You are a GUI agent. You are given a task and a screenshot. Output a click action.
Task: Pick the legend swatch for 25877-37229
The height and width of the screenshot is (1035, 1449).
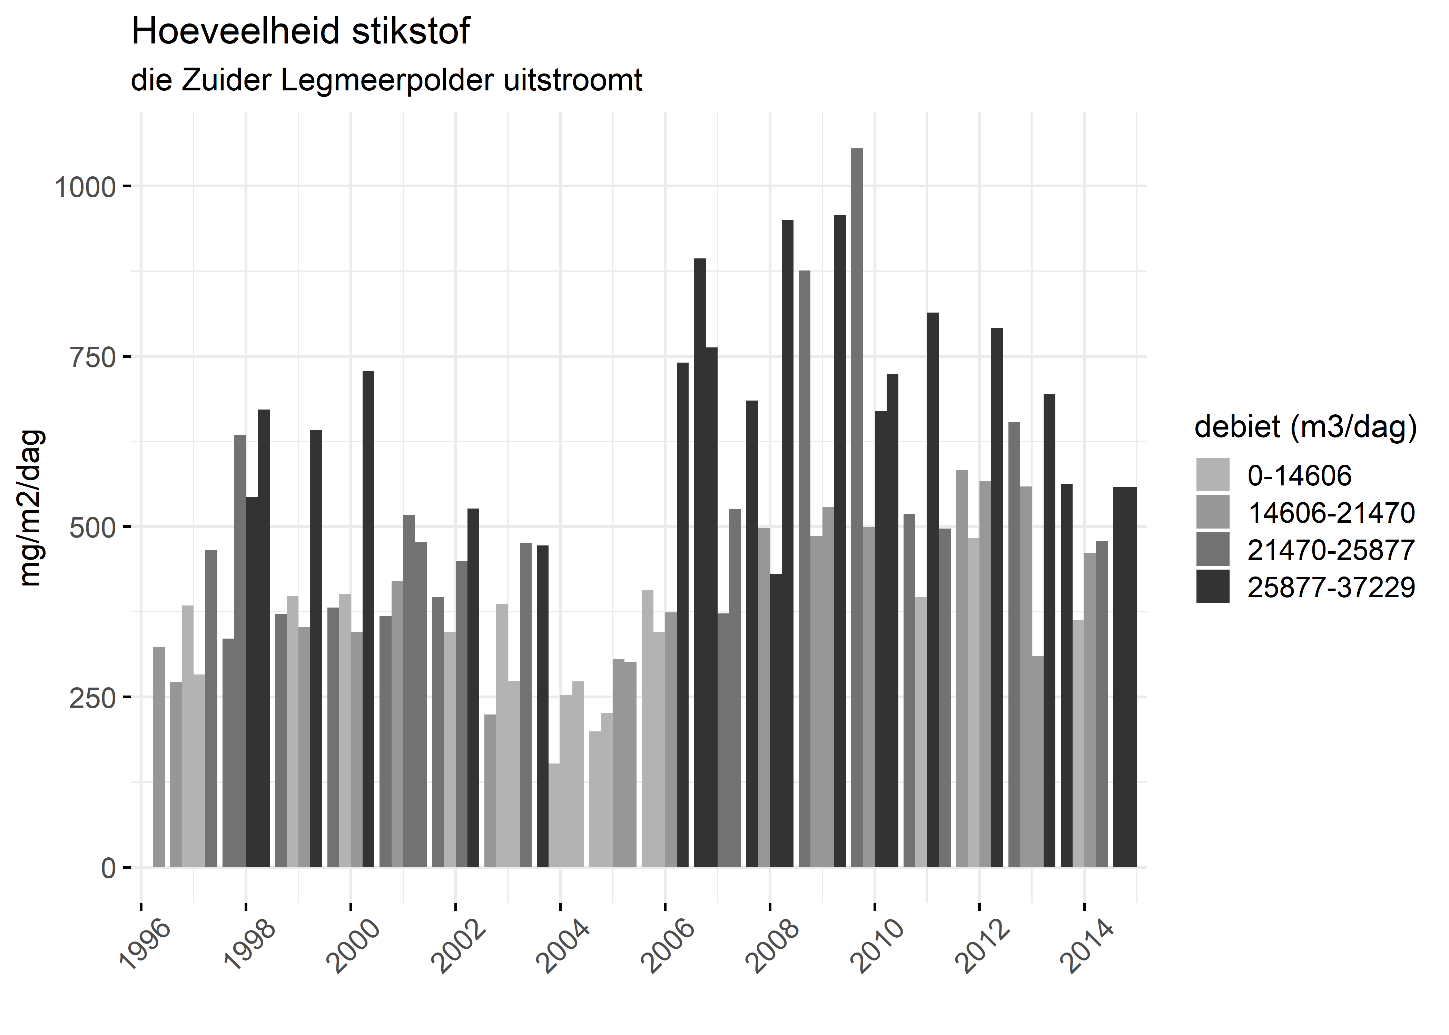coord(1213,587)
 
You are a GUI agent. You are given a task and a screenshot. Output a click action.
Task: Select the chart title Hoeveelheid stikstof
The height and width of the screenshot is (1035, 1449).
coord(300,32)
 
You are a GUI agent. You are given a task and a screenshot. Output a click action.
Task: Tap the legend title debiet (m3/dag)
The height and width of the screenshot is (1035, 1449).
coord(1305,427)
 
